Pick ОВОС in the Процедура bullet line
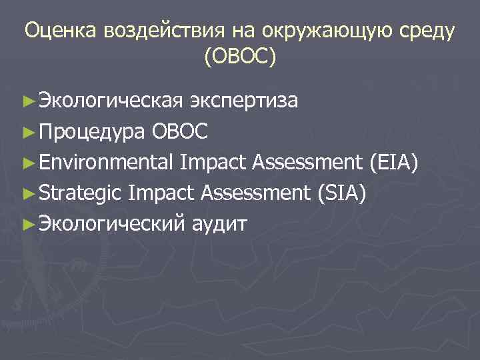click(180, 131)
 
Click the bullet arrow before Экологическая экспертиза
click(27, 101)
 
